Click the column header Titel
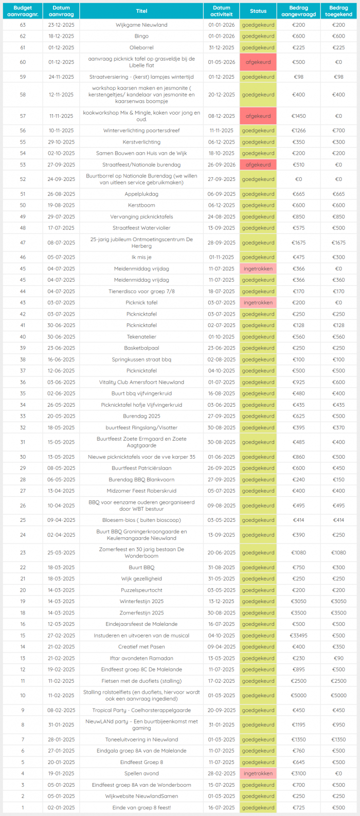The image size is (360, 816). [x=141, y=11]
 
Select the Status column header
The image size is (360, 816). [x=258, y=11]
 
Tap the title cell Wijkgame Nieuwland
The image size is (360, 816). [x=141, y=25]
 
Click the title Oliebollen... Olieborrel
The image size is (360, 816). [x=141, y=47]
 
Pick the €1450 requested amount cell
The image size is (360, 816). [x=298, y=116]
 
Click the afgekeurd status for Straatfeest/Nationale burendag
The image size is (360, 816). [x=258, y=165]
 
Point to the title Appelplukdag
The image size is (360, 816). [x=141, y=194]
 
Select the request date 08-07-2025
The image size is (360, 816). [x=61, y=243]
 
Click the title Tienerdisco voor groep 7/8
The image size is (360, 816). [x=141, y=292]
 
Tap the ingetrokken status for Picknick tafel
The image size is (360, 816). [x=258, y=303]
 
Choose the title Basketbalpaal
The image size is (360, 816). [x=141, y=348]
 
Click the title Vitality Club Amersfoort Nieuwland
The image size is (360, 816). [x=141, y=382]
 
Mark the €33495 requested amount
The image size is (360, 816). [x=298, y=636]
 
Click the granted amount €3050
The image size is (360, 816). [x=338, y=602]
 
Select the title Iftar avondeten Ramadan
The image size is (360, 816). [x=141, y=658]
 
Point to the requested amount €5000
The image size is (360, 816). [x=298, y=696]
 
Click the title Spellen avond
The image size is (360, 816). [x=141, y=773]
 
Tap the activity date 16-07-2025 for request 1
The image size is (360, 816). [x=222, y=808]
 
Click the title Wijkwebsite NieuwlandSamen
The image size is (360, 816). [x=141, y=796]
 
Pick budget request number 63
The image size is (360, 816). [x=23, y=25]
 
